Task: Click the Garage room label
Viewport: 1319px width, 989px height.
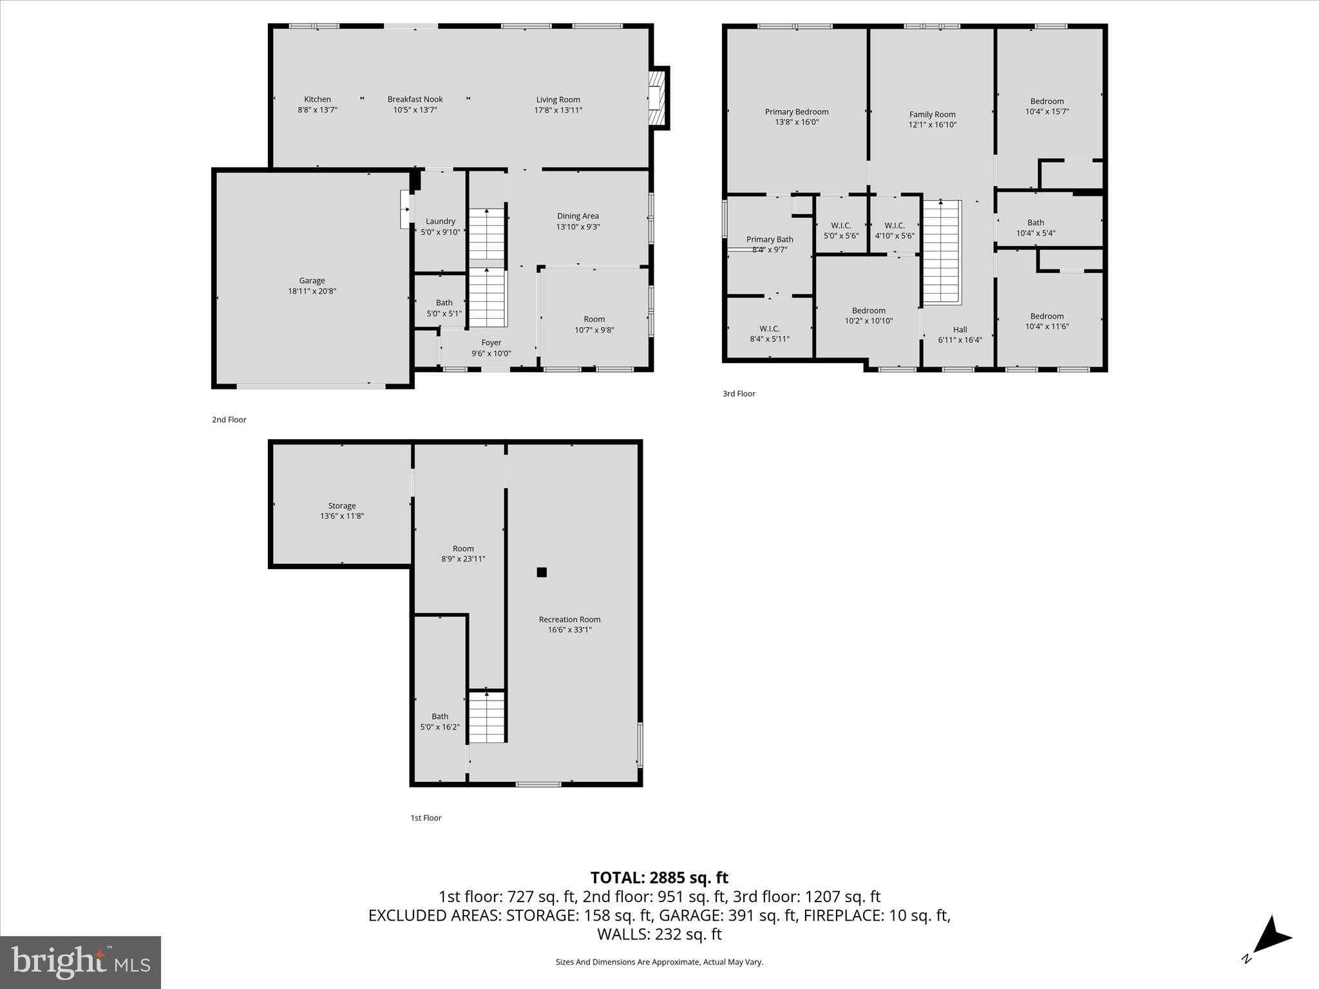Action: coord(312,281)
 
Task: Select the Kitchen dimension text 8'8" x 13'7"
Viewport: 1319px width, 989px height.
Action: coord(317,110)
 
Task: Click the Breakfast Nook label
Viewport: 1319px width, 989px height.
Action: coord(415,99)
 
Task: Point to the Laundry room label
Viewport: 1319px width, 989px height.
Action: coord(441,221)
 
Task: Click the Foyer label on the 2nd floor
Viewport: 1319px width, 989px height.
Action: coord(491,343)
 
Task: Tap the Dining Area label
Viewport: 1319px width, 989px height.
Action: coord(578,216)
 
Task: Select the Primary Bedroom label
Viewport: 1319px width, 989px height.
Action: coord(797,112)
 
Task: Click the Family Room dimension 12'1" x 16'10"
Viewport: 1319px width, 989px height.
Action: coord(932,125)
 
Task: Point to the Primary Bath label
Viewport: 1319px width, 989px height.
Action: coord(770,240)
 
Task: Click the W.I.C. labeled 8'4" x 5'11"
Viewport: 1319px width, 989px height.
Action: coord(770,334)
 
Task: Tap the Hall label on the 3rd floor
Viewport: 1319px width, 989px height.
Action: coord(960,330)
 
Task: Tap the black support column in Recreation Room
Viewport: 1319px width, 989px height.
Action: coord(542,572)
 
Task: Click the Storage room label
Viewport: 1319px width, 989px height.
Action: coord(341,506)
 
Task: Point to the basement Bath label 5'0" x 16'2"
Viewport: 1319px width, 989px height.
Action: coord(440,717)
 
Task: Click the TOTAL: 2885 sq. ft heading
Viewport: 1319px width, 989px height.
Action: coord(659,878)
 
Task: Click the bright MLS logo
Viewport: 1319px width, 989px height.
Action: coord(81,962)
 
